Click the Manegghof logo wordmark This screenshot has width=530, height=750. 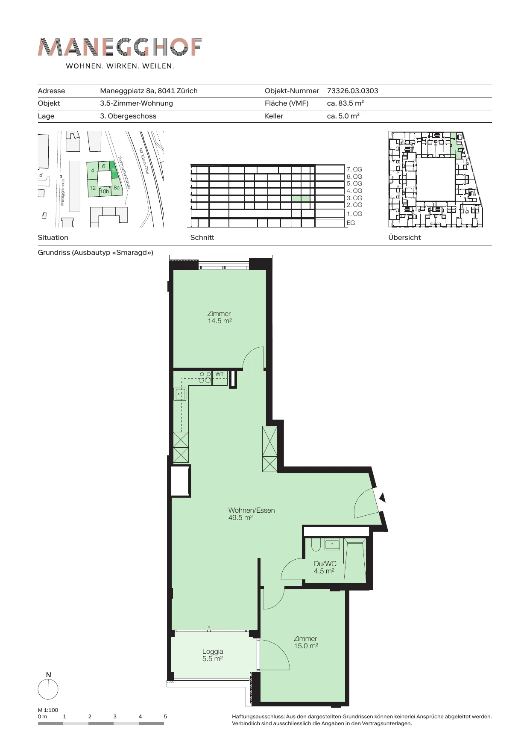click(x=120, y=47)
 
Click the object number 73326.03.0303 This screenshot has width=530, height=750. click(x=352, y=91)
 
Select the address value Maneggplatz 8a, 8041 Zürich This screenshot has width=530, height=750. click(x=149, y=91)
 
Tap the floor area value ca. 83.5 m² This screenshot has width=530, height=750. click(x=345, y=103)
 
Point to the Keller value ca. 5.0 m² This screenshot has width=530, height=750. click(x=343, y=116)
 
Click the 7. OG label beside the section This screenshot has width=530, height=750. click(x=354, y=169)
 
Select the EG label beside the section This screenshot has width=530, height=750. click(x=351, y=223)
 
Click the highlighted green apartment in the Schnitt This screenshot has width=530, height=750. click(x=301, y=198)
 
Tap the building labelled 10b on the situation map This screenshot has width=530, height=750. click(x=105, y=192)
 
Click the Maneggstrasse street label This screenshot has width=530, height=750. click(x=62, y=192)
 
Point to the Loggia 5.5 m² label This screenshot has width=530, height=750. click(x=213, y=655)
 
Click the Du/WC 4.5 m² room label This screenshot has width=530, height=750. click(x=325, y=567)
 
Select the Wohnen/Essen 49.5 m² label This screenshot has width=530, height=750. click(x=252, y=514)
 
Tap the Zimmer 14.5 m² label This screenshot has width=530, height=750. click(x=219, y=317)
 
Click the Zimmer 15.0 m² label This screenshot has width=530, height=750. click(x=305, y=642)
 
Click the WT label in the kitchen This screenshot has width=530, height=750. click(x=220, y=374)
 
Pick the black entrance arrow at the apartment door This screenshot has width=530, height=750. click(x=383, y=497)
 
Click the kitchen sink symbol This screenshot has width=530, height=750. click(x=180, y=394)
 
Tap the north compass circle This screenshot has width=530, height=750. click(x=48, y=689)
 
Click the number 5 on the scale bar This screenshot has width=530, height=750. click(x=165, y=716)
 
